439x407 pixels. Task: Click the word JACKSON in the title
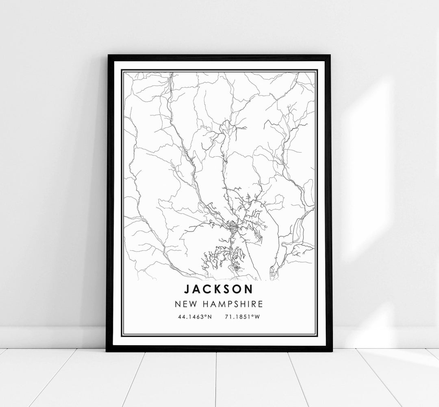(219, 289)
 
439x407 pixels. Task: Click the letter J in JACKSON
(187, 289)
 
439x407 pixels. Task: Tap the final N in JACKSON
(249, 289)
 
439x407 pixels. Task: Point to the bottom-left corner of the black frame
(107, 350)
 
